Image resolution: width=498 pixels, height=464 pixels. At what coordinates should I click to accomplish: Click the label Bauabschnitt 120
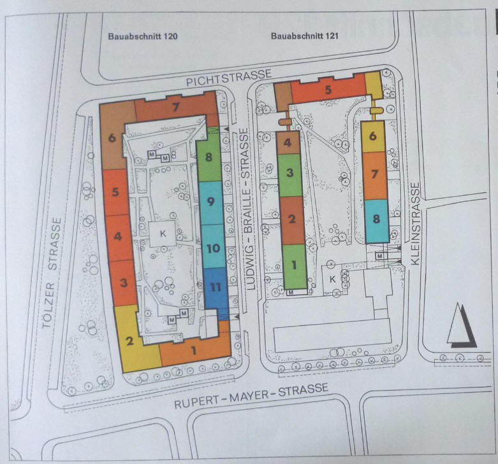click(143, 36)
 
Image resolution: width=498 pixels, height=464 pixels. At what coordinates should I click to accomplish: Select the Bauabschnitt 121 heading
click(305, 36)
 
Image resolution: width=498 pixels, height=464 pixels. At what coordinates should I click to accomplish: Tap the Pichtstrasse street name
click(229, 78)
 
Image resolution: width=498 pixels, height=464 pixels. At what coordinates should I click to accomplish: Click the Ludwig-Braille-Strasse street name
click(248, 209)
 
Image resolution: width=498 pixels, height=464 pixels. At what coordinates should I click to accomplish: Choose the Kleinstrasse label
click(415, 224)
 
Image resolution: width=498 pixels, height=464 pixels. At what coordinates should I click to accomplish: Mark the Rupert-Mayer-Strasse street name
click(251, 396)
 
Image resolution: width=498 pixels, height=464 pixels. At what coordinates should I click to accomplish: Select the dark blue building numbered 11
click(216, 292)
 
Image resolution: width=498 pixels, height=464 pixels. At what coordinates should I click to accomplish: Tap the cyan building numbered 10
click(214, 246)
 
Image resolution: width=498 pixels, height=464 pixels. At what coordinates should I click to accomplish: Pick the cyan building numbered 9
click(211, 203)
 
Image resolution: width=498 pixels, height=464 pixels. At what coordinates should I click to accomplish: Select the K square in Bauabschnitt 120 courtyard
click(163, 234)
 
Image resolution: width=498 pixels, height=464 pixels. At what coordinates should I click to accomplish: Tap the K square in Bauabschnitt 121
click(332, 279)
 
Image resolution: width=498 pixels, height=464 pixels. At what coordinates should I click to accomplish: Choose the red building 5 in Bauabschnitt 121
click(328, 89)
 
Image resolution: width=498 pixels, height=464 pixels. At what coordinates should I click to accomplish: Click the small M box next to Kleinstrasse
click(379, 256)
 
